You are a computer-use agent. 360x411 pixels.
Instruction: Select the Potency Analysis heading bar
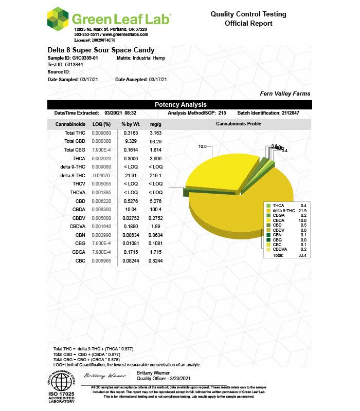[x=180, y=105]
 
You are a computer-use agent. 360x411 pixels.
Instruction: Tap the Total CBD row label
[x=75, y=141]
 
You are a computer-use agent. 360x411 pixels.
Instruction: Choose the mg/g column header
[x=156, y=124]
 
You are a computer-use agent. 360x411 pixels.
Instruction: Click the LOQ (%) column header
[x=101, y=124]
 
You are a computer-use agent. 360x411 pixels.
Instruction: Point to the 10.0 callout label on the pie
[x=202, y=147]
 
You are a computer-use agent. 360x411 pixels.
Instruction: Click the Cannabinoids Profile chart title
[x=238, y=124]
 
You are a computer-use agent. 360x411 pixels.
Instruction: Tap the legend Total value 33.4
[x=302, y=255]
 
